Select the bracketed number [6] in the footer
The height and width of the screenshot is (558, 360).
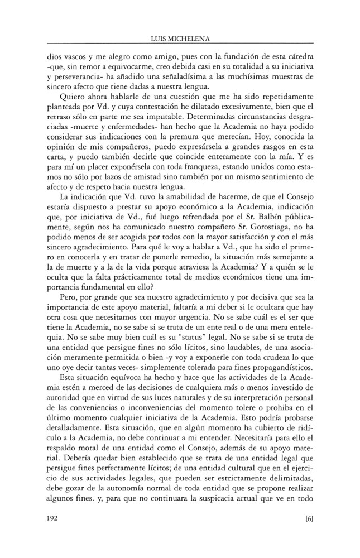(x=309, y=518)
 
